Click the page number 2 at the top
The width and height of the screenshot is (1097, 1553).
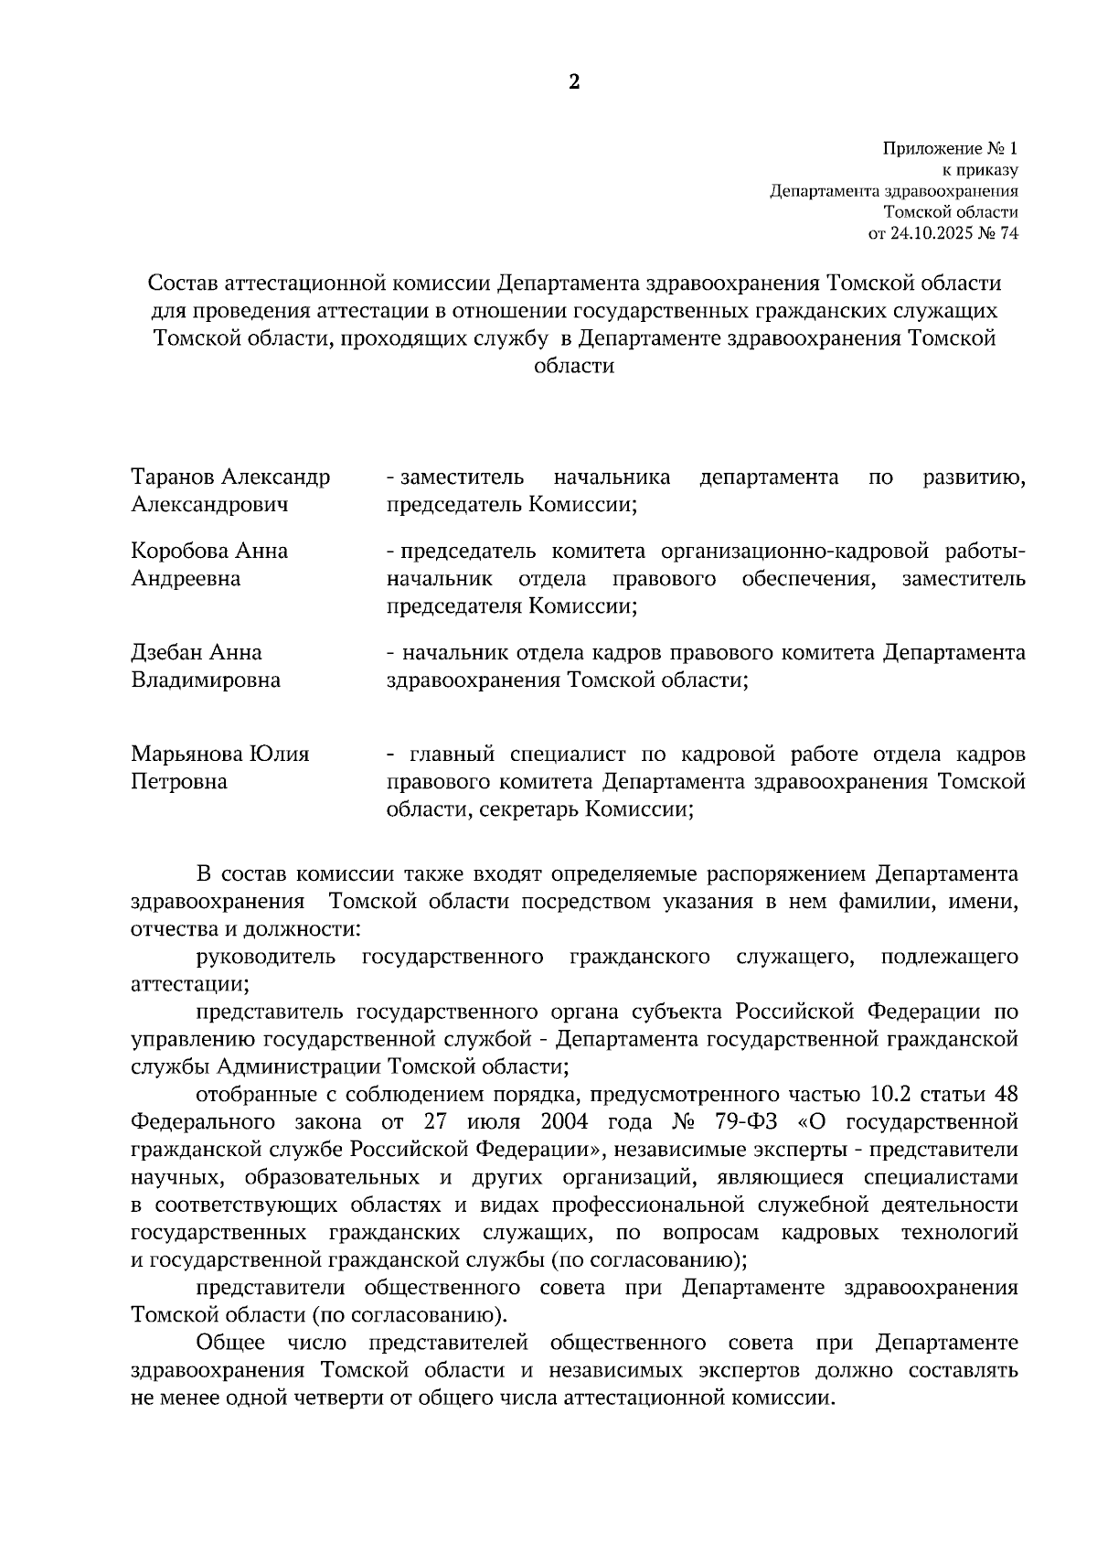[574, 82]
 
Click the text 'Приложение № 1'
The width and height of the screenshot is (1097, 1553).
[950, 148]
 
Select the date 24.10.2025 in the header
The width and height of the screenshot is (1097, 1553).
[923, 232]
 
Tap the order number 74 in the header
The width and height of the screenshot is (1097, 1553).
[1008, 232]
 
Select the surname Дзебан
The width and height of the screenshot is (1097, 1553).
[167, 652]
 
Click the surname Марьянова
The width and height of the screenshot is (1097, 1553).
[186, 754]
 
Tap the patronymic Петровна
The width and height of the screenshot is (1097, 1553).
[179, 782]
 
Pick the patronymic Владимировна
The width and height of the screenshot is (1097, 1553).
[206, 680]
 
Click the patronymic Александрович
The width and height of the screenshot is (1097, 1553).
[209, 505]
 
